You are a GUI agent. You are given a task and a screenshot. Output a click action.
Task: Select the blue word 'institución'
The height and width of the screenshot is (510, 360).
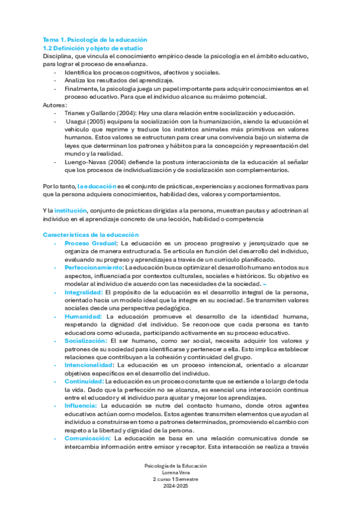(70, 211)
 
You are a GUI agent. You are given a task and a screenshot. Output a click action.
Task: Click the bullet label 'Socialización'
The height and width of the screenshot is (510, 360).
(86, 340)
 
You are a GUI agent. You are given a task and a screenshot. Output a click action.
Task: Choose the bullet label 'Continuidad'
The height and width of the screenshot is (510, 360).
(84, 381)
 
